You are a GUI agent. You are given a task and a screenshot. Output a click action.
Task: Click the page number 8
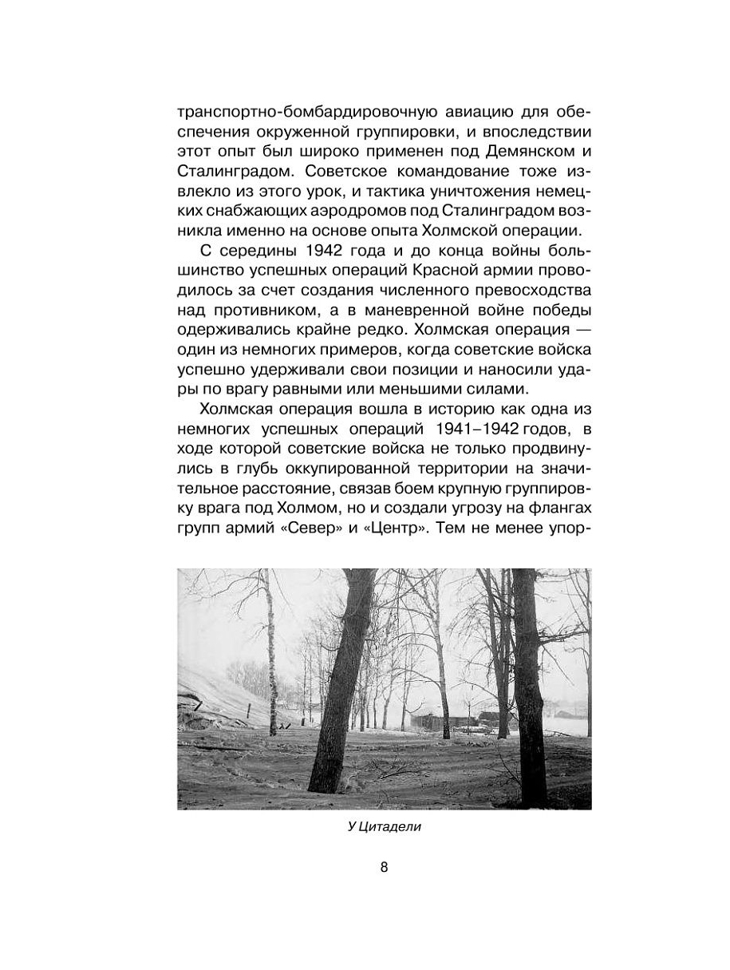tap(384, 868)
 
